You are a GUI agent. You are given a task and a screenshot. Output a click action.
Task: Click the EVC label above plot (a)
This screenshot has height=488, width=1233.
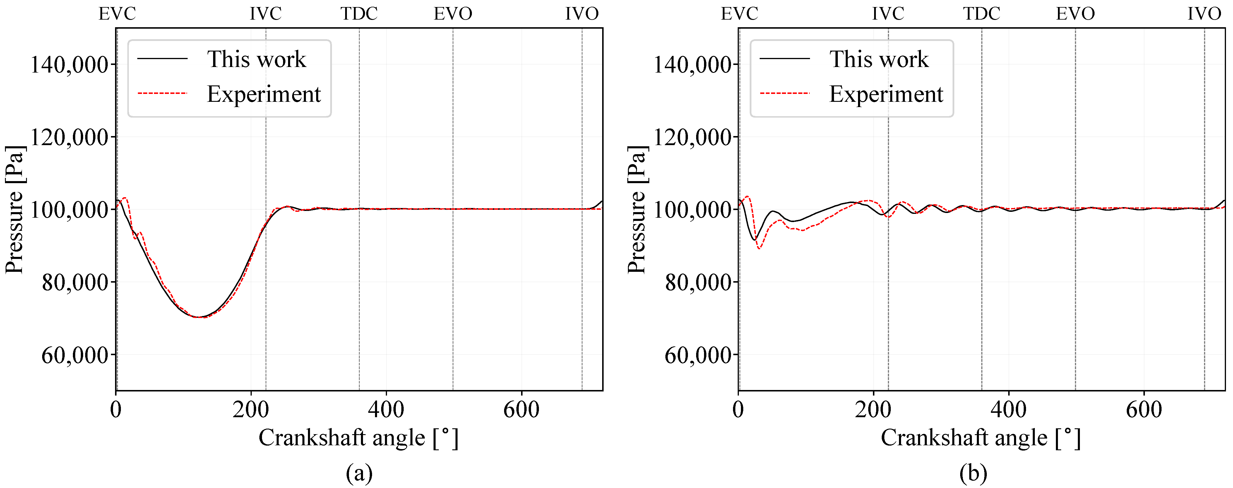click(x=117, y=13)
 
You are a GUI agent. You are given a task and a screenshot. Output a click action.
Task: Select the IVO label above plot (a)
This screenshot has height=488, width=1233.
click(x=582, y=13)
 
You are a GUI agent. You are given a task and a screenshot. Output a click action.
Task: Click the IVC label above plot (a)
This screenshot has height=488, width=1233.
click(x=266, y=13)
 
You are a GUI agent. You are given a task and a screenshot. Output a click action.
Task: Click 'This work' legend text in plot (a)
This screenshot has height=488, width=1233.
click(x=256, y=59)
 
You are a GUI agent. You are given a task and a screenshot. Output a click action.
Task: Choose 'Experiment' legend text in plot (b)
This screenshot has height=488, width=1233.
click(x=886, y=94)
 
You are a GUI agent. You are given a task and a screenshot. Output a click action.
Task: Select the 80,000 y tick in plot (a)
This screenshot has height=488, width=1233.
click(x=75, y=283)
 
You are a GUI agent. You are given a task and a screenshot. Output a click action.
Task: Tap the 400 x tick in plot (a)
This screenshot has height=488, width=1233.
click(x=386, y=410)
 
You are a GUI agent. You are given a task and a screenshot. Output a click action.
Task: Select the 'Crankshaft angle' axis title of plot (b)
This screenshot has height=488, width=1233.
click(x=980, y=438)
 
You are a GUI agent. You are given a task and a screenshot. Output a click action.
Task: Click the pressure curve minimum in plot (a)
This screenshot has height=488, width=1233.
click(x=199, y=317)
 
